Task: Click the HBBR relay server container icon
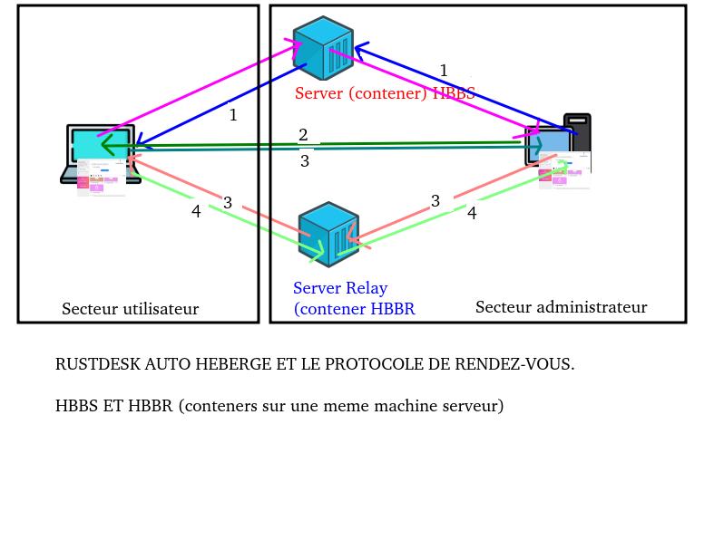[x=328, y=234]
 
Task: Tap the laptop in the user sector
[x=100, y=154]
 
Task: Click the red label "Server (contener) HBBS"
[x=385, y=93]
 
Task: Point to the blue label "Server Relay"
[x=340, y=288]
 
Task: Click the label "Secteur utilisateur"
[x=130, y=309]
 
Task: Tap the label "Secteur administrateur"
[x=561, y=307]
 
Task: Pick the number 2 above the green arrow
[x=303, y=135]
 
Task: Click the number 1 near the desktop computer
[x=444, y=71]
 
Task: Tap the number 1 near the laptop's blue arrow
[x=233, y=115]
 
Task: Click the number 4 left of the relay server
[x=196, y=211]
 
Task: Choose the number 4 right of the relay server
[x=472, y=213]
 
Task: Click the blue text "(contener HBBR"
[x=354, y=309]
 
